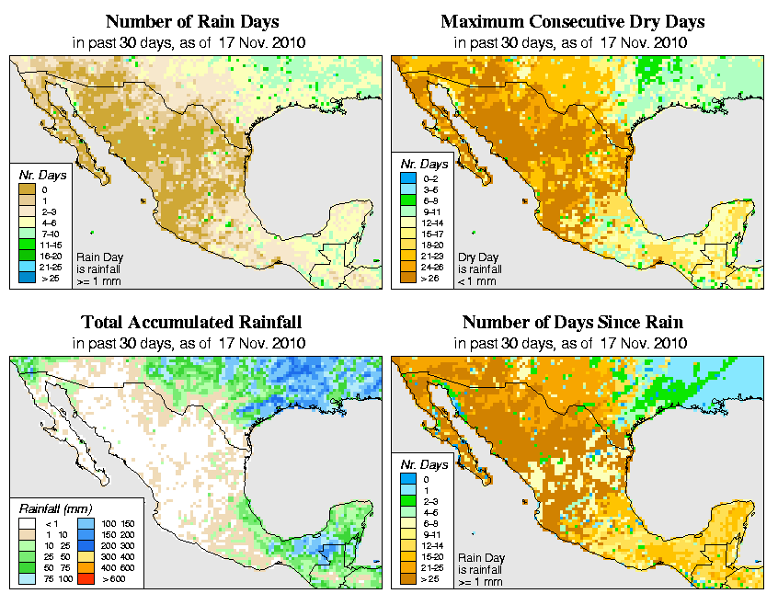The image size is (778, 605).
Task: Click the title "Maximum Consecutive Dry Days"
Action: point(572,20)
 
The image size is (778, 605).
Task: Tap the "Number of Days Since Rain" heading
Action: point(572,322)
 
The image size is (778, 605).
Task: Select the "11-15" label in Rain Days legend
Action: point(51,245)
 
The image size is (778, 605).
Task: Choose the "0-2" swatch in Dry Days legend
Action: point(406,178)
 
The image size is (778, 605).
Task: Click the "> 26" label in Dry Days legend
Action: point(430,278)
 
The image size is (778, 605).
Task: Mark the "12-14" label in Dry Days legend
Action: point(430,223)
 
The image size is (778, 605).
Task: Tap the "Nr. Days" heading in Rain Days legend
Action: point(38,173)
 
